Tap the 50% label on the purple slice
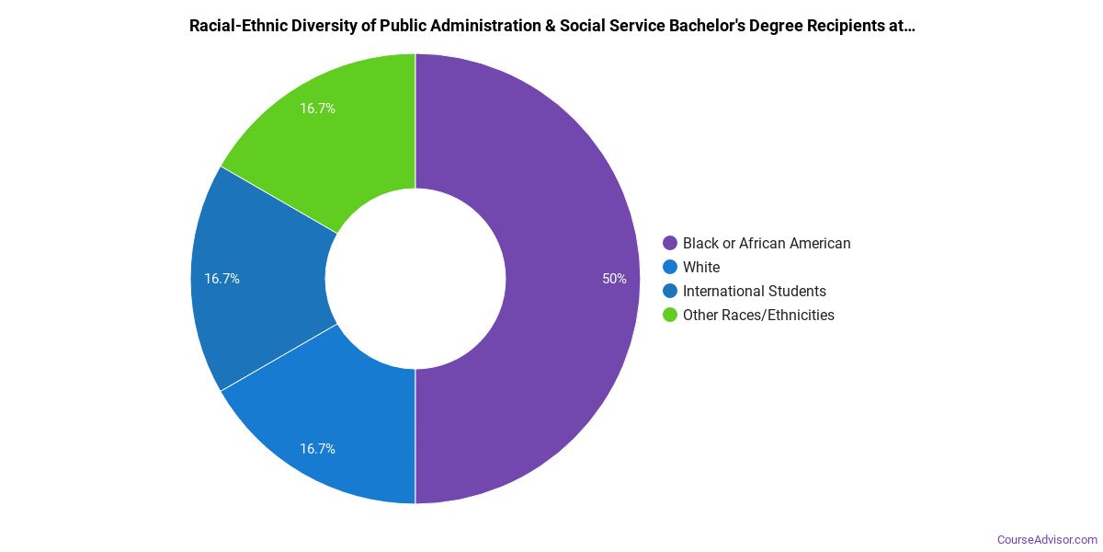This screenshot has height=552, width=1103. tap(614, 279)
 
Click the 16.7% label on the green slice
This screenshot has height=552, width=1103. tap(317, 109)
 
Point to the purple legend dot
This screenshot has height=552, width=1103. tap(670, 244)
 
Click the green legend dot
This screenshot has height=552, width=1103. tap(670, 316)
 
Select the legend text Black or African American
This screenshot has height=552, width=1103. tap(767, 244)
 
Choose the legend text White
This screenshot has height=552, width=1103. tap(701, 268)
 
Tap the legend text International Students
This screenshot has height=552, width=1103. tap(754, 292)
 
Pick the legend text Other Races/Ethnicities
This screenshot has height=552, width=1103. tap(758, 316)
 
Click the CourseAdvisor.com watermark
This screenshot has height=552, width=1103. tap(1047, 539)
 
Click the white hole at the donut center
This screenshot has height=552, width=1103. tap(415, 279)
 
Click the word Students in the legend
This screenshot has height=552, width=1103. tap(797, 292)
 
